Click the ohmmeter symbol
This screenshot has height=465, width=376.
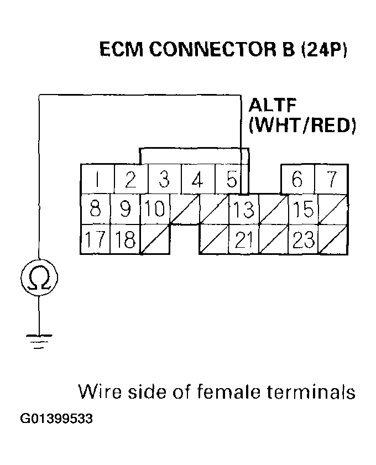[38, 278]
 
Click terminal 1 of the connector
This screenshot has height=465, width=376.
[97, 180]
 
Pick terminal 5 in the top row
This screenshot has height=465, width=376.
[231, 180]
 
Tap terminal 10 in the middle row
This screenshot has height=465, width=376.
[154, 210]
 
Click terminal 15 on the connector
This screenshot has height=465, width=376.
[303, 210]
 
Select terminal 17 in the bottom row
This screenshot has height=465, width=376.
[96, 240]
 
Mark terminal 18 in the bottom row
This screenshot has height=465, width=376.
[124, 240]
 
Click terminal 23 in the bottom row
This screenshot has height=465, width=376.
[303, 240]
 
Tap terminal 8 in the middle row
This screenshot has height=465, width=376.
[96, 210]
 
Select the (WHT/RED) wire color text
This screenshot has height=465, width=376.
[302, 126]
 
